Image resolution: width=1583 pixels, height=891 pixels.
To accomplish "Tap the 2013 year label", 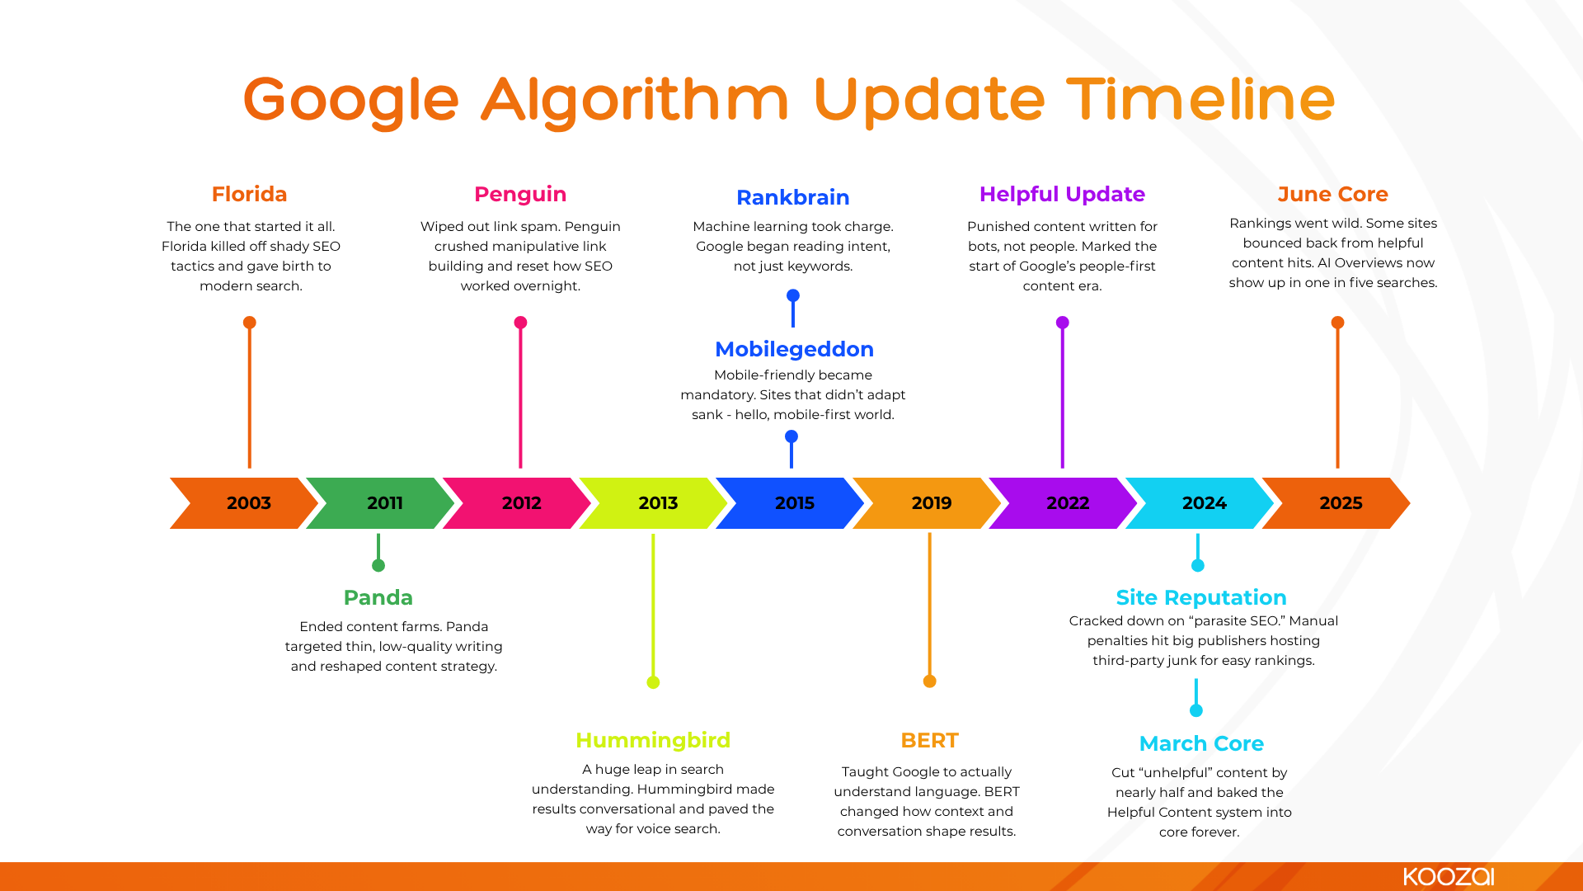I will (658, 503).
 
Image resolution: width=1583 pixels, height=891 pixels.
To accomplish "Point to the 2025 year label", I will (1341, 503).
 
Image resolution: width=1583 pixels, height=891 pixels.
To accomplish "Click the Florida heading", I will (249, 194).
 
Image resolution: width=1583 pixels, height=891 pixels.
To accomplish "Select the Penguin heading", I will (520, 194).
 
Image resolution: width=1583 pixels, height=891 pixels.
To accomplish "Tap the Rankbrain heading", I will (792, 197).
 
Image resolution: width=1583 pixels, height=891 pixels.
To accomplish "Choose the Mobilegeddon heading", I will (794, 349).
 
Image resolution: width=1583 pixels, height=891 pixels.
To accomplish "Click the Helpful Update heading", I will (1062, 194).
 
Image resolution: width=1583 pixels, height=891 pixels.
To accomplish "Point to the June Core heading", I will (1332, 194).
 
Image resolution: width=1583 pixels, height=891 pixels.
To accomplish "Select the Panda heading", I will (378, 597).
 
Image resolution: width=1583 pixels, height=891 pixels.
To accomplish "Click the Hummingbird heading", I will (653, 740).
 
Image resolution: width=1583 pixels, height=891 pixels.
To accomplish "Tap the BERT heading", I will (929, 740).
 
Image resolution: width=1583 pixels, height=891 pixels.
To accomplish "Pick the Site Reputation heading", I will (1200, 597).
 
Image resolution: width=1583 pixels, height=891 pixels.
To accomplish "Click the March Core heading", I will (1200, 743).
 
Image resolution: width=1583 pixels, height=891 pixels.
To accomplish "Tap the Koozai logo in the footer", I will (1449, 876).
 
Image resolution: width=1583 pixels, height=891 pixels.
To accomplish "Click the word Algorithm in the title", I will (635, 100).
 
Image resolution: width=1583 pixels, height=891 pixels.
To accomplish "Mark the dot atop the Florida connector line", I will (250, 323).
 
